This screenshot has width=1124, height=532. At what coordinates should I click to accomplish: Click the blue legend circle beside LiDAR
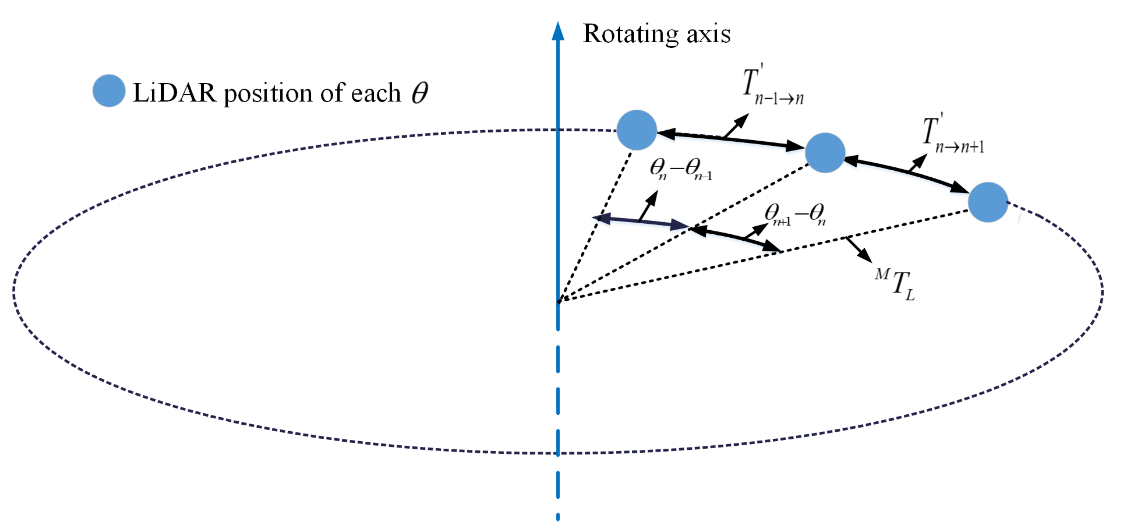pyautogui.click(x=109, y=91)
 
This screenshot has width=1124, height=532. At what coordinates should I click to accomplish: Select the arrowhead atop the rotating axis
pyautogui.click(x=558, y=31)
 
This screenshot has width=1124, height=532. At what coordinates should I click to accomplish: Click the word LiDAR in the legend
pyautogui.click(x=174, y=93)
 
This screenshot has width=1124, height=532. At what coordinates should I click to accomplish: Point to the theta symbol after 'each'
pyautogui.click(x=420, y=93)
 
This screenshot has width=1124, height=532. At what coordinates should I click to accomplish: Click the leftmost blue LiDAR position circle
pyautogui.click(x=637, y=130)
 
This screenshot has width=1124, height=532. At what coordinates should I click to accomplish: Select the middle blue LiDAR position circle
pyautogui.click(x=825, y=153)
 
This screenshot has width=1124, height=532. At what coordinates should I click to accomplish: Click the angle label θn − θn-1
pyautogui.click(x=680, y=169)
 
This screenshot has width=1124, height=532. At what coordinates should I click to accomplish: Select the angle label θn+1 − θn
pyautogui.click(x=794, y=215)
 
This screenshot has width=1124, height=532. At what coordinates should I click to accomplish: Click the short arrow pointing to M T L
pyautogui.click(x=859, y=250)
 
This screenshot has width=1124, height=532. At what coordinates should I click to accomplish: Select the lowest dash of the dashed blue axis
pyautogui.click(x=558, y=517)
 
